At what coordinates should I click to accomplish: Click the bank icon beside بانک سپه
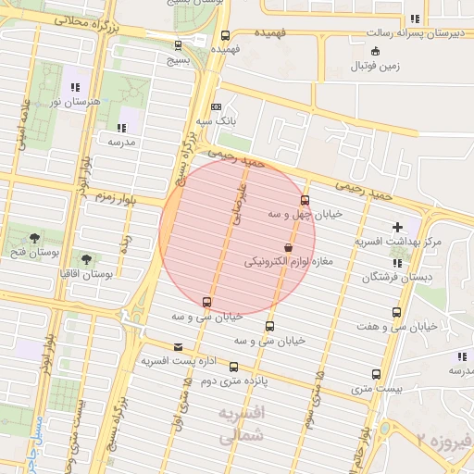(x=216, y=106)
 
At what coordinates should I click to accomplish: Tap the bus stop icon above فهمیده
(x=226, y=36)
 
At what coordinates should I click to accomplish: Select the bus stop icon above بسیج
(x=178, y=44)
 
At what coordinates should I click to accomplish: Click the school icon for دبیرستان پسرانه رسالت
(x=414, y=19)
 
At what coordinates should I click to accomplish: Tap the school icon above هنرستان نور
(x=74, y=85)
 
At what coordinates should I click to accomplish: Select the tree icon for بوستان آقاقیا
(x=87, y=260)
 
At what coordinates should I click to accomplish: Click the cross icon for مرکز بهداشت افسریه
(x=398, y=227)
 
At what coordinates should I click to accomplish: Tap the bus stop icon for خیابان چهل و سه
(x=305, y=201)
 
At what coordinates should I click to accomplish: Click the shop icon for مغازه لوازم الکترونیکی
(x=289, y=248)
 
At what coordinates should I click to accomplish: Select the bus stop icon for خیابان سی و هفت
(x=397, y=312)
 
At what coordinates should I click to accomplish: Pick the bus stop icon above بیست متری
(x=375, y=375)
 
